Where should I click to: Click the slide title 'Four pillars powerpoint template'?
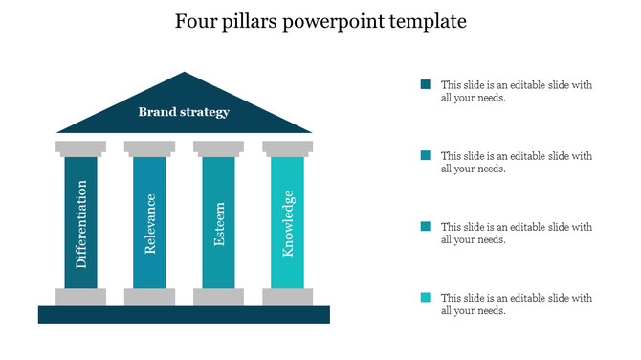point(320,20)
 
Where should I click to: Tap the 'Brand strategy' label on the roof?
point(184,112)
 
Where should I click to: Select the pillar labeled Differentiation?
point(81,222)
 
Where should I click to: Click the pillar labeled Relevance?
point(150,222)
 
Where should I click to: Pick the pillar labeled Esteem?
point(219,222)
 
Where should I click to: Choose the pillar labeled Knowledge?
point(288,222)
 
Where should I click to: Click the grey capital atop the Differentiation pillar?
point(81,147)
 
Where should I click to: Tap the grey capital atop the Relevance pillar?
point(150,147)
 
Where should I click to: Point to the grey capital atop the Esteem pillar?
point(219,147)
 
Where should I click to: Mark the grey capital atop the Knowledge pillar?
point(288,147)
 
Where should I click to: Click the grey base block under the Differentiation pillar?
point(81,297)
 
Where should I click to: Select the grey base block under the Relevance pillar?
point(150,297)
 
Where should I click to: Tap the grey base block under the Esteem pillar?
point(219,297)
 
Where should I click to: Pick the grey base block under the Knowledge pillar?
point(288,297)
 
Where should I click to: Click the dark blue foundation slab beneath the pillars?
point(184,314)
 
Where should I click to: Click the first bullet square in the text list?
point(426,84)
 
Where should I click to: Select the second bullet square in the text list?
point(426,155)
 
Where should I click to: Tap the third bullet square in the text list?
point(426,226)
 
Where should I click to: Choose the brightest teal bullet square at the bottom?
point(426,297)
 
